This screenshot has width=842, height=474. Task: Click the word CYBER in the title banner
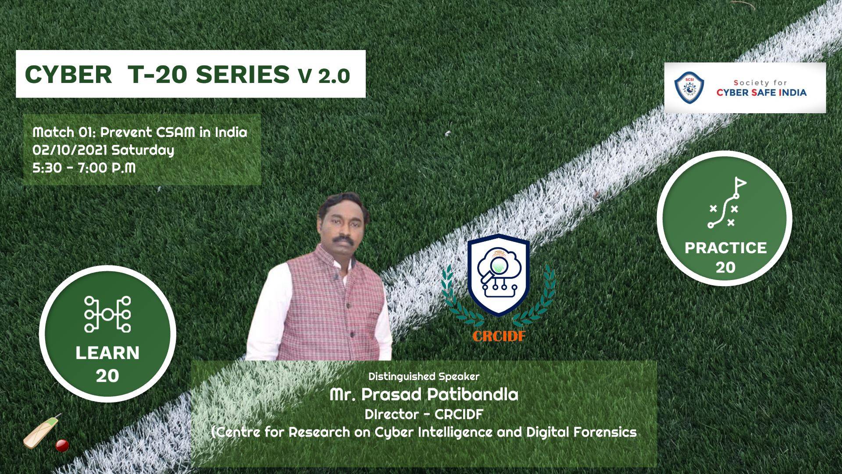coord(68,75)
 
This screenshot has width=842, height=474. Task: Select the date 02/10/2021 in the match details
coord(70,150)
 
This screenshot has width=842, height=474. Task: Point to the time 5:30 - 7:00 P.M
coord(84,168)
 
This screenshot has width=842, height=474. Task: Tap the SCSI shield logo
coord(689,87)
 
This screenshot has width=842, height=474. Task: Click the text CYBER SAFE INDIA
coord(761,92)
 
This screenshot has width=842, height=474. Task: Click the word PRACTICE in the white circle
coord(726,248)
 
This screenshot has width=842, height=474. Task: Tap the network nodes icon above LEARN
coord(107,314)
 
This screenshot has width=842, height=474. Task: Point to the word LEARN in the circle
coord(107,353)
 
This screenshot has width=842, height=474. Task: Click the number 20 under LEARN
coord(107,376)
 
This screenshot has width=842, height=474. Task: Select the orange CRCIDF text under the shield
coord(499,336)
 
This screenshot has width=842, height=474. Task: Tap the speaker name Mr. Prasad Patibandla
coord(424,394)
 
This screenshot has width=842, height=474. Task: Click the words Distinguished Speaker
coord(424,376)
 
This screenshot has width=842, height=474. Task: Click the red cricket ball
coord(62,446)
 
